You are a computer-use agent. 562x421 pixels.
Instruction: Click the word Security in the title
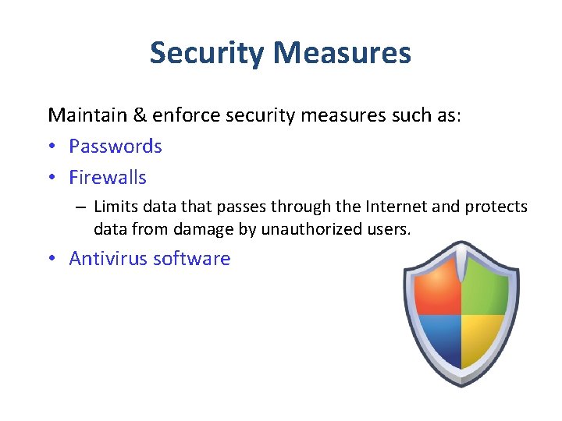click(x=208, y=53)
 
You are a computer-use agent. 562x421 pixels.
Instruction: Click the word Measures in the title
click(x=343, y=53)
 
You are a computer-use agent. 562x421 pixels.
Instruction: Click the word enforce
click(x=185, y=115)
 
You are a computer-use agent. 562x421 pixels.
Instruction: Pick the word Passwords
click(x=116, y=147)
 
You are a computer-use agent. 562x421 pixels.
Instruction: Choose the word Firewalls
click(x=108, y=178)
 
